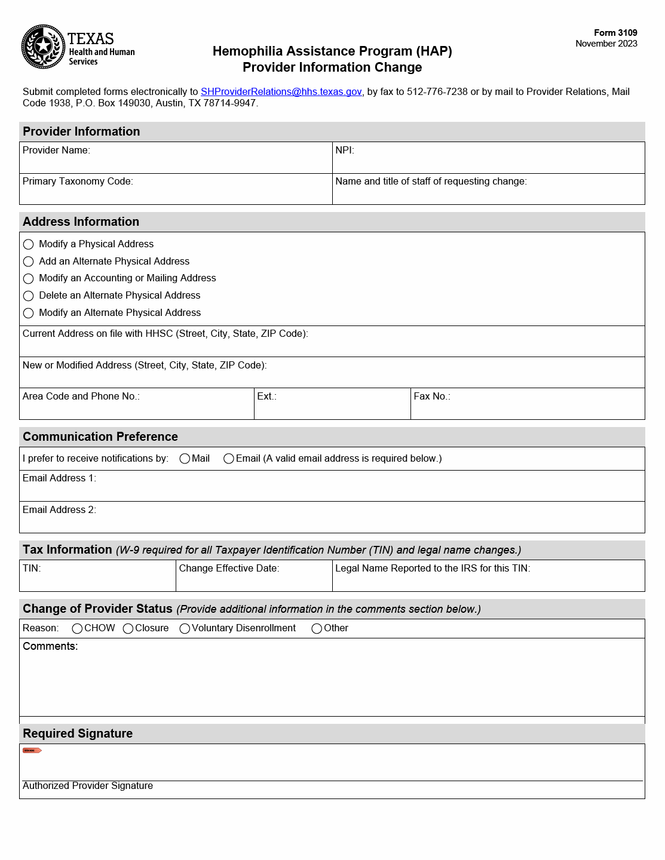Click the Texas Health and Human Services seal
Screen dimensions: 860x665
click(43, 47)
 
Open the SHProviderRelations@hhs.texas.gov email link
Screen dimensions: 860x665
click(281, 92)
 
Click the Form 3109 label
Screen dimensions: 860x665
click(615, 33)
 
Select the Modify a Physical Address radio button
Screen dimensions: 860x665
click(28, 244)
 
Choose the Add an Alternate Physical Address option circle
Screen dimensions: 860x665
click(28, 262)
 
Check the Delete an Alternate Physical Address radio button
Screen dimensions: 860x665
click(28, 296)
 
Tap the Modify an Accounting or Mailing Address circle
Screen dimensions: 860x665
click(28, 278)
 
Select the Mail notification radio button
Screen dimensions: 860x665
click(185, 459)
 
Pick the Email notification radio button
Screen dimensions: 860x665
click(229, 459)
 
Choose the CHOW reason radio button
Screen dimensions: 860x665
click(77, 628)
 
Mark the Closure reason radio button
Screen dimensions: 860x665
click(128, 628)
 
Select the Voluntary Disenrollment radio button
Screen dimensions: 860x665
click(185, 628)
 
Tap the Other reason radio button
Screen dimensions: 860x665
click(317, 628)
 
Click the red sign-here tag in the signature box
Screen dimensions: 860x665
click(32, 750)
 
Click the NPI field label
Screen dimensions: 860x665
click(345, 150)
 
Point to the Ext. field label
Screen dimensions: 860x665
click(266, 397)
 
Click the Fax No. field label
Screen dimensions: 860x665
click(432, 397)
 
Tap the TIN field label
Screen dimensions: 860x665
click(32, 569)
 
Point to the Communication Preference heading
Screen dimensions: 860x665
click(100, 437)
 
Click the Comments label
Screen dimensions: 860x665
click(50, 646)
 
